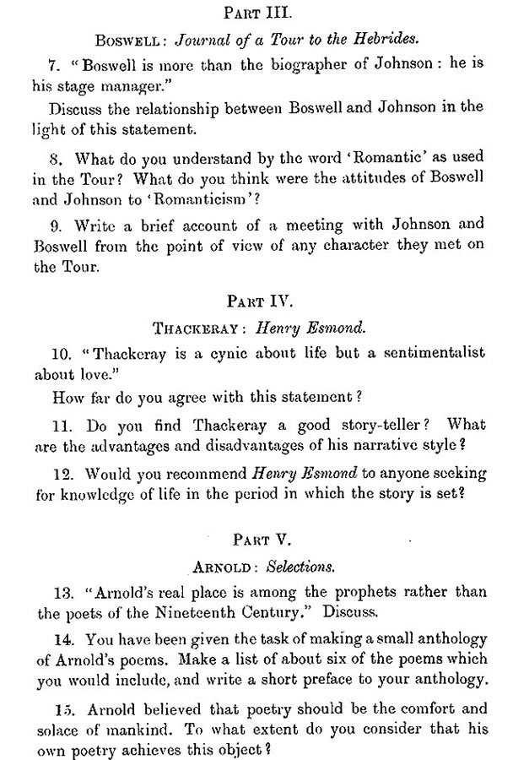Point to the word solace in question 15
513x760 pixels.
point(59,722)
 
